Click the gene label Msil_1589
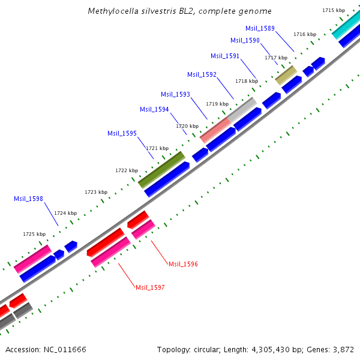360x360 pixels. coord(260,28)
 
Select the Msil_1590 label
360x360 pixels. coord(245,40)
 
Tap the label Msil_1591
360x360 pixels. coord(225,56)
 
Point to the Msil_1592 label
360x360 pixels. coord(202,74)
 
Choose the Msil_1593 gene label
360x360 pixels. coord(175,94)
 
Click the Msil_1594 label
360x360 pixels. coord(154,109)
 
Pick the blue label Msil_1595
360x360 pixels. coord(122,133)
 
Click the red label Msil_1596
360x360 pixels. coord(183,264)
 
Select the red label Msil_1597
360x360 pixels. coord(150,288)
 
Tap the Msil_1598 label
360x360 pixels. coord(28,199)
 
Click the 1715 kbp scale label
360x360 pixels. coord(334,10)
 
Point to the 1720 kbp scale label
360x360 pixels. coord(187,126)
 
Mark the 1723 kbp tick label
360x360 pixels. coord(96,192)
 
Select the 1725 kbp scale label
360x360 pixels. coord(34,234)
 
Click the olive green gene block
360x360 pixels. coord(161,169)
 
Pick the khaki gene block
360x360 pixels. coord(286,76)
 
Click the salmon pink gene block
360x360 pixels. coord(215,130)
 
